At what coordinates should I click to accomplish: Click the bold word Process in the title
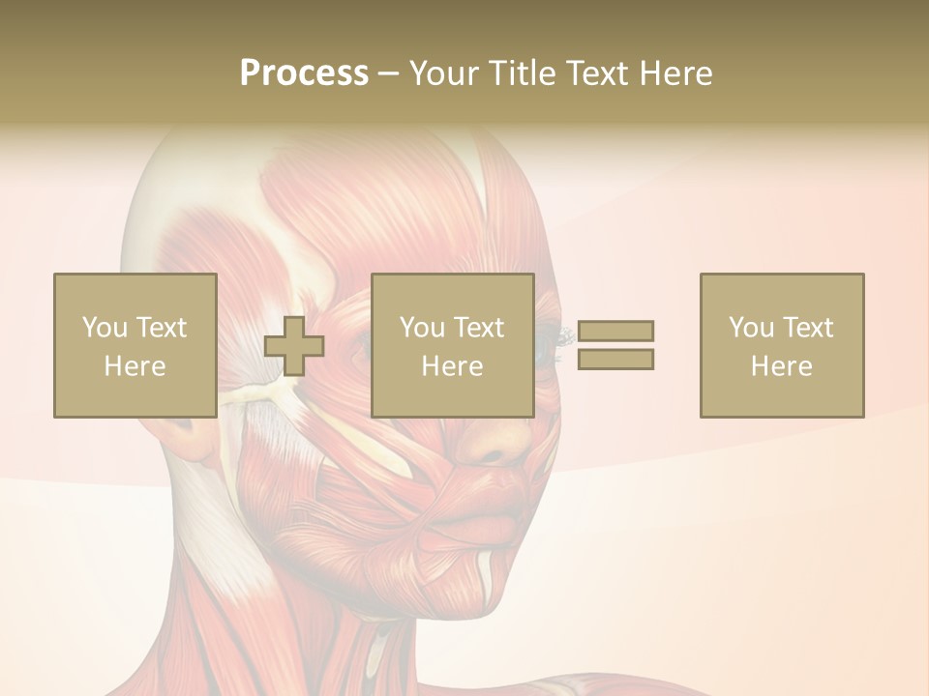point(304,73)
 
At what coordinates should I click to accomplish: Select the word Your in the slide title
point(446,73)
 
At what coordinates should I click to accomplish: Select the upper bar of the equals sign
point(615,331)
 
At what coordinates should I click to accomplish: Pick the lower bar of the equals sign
point(615,360)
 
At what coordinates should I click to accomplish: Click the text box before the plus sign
point(135,345)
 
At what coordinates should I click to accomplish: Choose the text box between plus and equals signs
point(452,345)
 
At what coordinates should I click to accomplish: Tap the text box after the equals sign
point(781,345)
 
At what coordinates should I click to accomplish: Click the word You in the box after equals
point(751,328)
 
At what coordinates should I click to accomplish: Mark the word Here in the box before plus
point(135,366)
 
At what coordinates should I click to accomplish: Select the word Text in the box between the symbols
point(479,328)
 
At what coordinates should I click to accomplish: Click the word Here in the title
point(675,73)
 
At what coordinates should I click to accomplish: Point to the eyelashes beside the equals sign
point(565,335)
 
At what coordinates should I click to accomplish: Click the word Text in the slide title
point(599,73)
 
